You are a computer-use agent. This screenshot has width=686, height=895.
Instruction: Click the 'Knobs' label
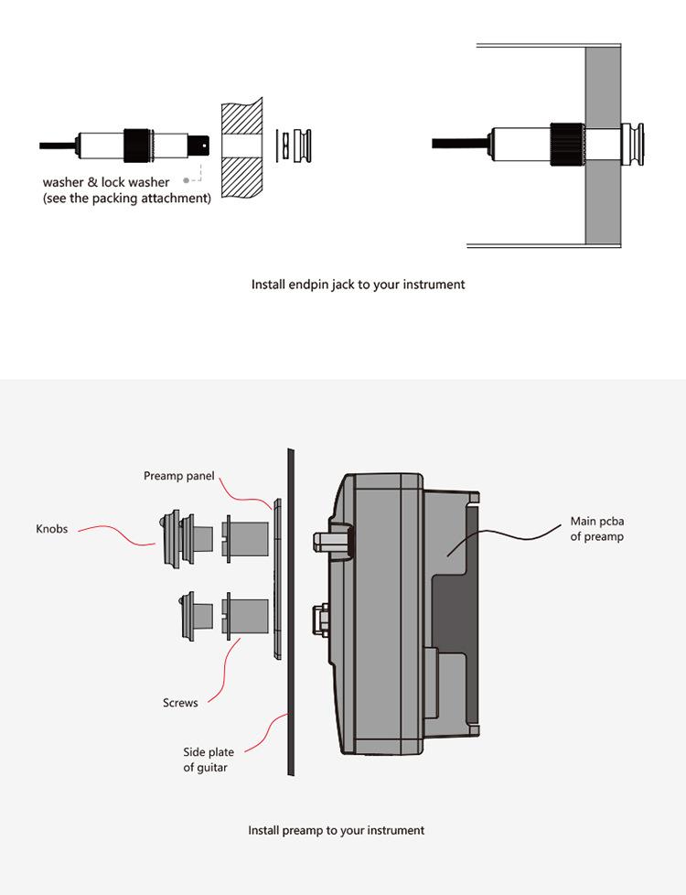click(52, 529)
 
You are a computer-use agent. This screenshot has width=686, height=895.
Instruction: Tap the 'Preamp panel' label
click(179, 476)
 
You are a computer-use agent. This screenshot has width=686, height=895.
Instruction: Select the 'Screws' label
click(180, 703)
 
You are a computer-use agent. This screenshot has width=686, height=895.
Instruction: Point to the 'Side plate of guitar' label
click(209, 760)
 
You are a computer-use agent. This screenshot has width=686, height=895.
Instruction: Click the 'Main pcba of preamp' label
click(597, 528)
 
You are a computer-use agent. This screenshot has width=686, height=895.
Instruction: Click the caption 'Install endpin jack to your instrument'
click(358, 285)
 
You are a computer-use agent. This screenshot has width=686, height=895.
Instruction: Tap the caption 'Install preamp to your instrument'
click(337, 830)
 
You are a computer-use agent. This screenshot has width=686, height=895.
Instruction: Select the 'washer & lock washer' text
click(106, 182)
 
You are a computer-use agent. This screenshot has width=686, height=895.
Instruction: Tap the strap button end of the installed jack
click(633, 144)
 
